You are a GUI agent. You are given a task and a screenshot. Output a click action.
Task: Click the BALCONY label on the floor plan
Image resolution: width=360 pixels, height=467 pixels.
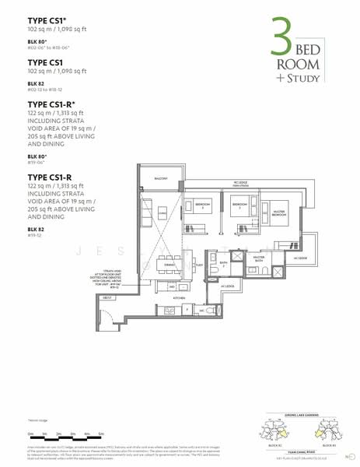(162, 178)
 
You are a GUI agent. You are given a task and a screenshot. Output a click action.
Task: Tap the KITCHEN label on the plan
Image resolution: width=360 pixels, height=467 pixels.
(179, 298)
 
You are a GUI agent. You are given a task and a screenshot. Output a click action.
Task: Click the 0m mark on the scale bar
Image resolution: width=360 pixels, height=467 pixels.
(30, 433)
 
